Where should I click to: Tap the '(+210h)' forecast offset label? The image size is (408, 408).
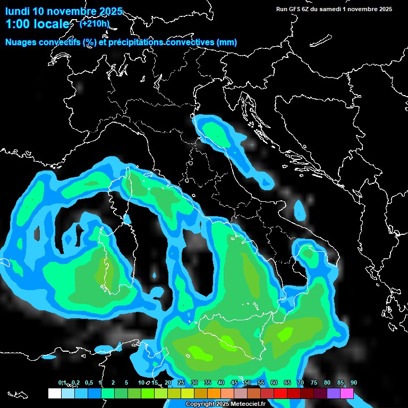[95, 23]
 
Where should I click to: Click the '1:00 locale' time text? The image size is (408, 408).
[37, 24]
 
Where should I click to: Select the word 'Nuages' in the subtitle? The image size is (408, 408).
[21, 42]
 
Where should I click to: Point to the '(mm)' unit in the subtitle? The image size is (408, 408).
[227, 42]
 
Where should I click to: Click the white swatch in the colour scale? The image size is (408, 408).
[54, 394]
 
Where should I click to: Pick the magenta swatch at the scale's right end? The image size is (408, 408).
[347, 394]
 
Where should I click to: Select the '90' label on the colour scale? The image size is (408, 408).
[354, 383]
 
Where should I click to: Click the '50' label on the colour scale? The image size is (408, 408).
[248, 383]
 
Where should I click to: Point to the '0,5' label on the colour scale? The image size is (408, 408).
[88, 383]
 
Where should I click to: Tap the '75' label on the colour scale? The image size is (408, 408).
[314, 383]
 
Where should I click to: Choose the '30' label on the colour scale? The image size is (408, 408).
[194, 383]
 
